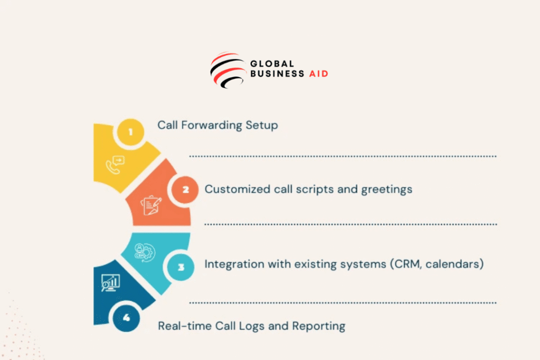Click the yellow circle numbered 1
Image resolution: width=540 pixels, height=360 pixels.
coord(131,132)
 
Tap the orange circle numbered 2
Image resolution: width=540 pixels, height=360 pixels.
coord(185,189)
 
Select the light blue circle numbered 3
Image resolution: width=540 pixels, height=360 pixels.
coord(181,267)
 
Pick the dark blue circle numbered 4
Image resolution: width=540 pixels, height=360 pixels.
coord(127,318)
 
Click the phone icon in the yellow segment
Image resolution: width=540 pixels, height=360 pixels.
coord(115,165)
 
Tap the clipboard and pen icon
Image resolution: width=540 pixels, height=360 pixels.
coord(151,205)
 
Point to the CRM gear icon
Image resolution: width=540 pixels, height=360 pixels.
coord(144,252)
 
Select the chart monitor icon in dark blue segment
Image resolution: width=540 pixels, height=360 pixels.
coord(111,283)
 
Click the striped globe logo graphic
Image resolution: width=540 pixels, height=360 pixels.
coord(228,70)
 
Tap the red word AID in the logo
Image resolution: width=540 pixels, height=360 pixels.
coord(319,74)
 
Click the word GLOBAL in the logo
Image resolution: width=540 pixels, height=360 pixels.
coord(272,64)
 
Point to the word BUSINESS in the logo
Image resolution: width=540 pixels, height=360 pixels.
coord(277,74)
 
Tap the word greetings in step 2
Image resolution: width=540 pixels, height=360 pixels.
coord(387,190)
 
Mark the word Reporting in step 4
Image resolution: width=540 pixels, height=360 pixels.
coord(319,326)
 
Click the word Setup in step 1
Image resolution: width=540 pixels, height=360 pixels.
coord(262,125)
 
